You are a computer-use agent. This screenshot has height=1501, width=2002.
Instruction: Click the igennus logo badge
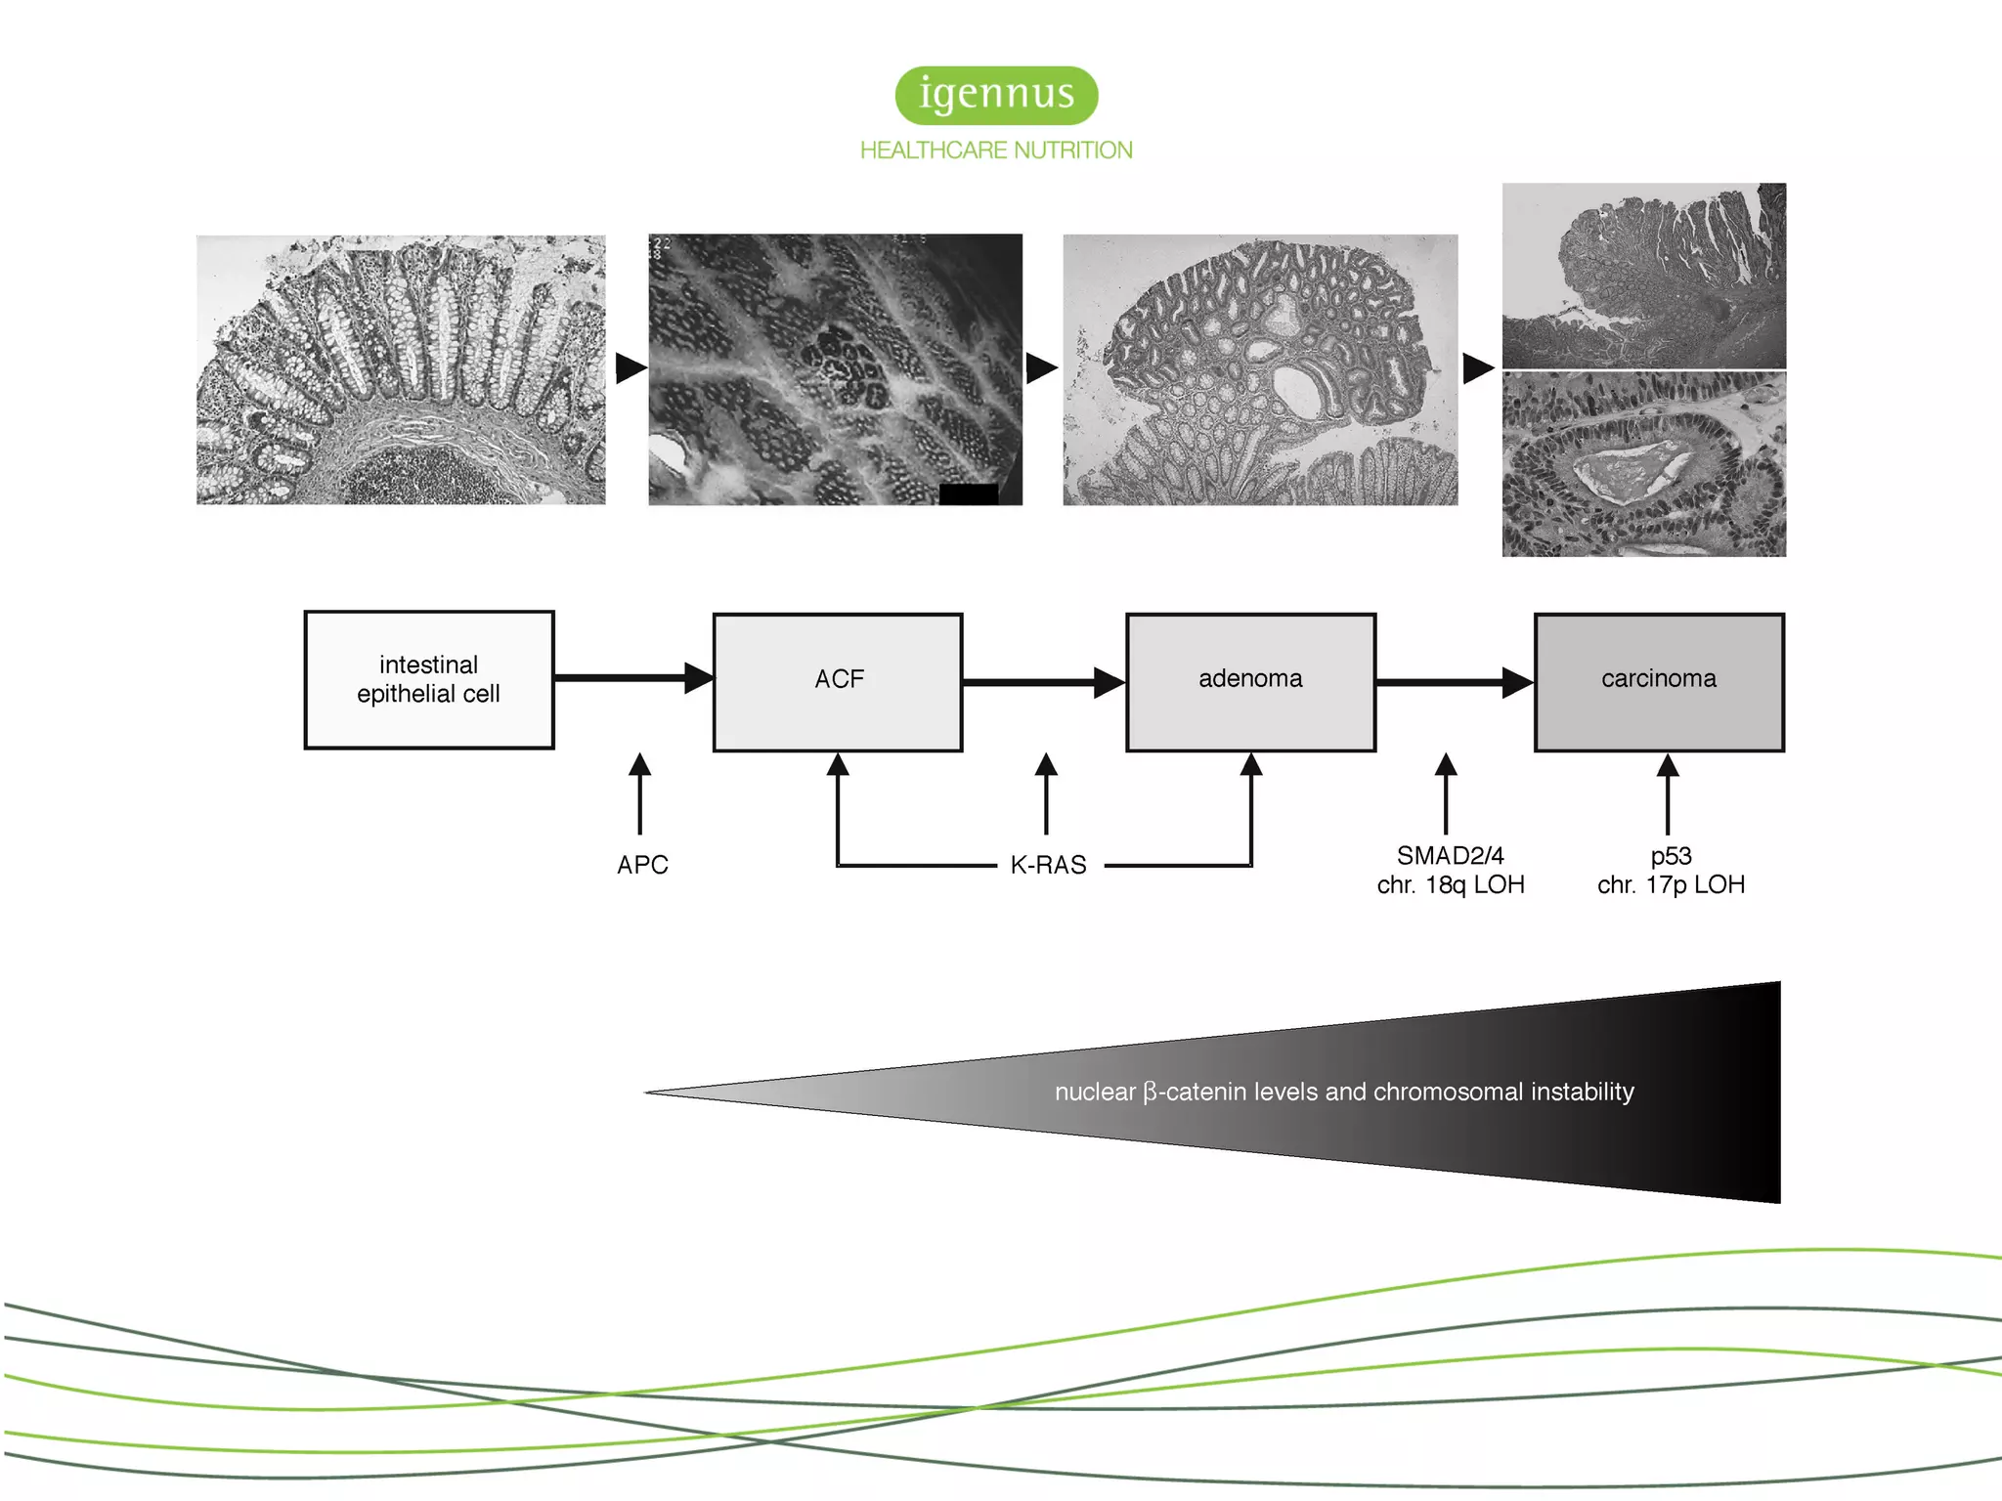[996, 95]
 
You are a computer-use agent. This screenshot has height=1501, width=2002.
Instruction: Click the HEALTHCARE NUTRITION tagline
[996, 150]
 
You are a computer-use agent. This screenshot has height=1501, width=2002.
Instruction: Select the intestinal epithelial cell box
[429, 680]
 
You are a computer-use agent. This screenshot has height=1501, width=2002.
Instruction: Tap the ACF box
[838, 681]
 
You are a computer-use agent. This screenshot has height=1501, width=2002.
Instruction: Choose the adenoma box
[1250, 681]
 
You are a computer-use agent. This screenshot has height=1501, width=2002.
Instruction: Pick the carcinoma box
[1659, 681]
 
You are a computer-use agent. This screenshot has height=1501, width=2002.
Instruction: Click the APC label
[642, 865]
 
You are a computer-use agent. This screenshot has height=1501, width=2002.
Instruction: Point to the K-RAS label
[1048, 865]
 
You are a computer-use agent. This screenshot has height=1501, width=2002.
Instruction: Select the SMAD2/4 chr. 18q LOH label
[1451, 870]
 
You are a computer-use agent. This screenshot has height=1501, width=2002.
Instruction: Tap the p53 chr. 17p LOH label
[1671, 870]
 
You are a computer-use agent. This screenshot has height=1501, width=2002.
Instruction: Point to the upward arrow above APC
[640, 792]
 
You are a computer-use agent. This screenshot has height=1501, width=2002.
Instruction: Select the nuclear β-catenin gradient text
[1344, 1092]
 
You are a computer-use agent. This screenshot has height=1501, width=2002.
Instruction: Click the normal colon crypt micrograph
[401, 369]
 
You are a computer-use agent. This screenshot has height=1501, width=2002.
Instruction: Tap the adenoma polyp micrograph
[1260, 369]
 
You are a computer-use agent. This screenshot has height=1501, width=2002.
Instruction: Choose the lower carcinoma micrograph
[1643, 464]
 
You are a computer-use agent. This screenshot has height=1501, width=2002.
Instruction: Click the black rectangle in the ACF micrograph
[968, 494]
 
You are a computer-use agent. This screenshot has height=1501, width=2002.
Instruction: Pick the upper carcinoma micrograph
[1643, 276]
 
